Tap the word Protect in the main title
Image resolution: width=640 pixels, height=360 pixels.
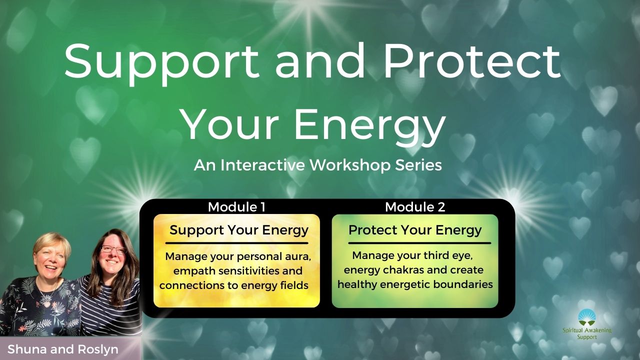[472, 60]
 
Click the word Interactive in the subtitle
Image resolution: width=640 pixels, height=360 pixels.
[261, 165]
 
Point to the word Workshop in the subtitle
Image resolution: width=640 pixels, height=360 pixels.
[350, 165]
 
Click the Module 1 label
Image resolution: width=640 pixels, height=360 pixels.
[236, 207]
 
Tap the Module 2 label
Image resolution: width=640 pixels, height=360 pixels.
[415, 207]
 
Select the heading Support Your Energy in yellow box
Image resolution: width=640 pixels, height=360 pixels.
[239, 230]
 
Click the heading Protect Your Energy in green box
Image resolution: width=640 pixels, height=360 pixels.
[415, 230]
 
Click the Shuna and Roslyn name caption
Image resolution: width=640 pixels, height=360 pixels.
[63, 349]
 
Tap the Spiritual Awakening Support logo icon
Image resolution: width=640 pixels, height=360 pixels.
[587, 317]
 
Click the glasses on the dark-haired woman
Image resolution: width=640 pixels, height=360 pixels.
[113, 249]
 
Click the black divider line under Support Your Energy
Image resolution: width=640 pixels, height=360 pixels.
[236, 243]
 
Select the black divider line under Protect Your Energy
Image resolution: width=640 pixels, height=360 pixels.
[419, 243]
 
